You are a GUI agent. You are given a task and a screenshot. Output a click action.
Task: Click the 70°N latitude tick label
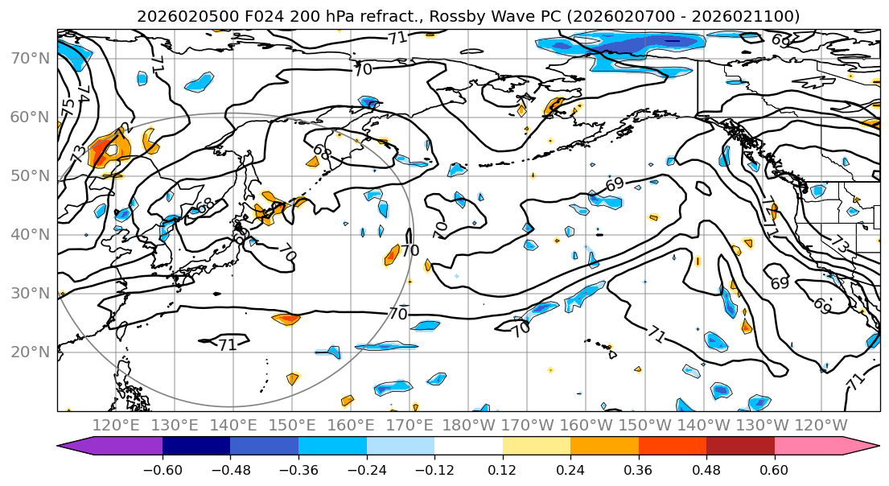pos(30,58)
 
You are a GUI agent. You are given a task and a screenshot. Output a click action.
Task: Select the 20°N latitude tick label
pos(30,352)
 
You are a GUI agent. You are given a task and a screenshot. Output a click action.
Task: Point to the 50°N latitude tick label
pos(30,176)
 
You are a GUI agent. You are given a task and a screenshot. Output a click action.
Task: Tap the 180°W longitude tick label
pos(468,425)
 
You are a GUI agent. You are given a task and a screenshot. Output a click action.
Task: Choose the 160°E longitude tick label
pos(351,425)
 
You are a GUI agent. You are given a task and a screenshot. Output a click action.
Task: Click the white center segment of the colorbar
pos(468,446)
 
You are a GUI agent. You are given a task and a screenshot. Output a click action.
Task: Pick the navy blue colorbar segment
pos(196,446)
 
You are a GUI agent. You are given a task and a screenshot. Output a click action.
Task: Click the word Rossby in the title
pos(414,16)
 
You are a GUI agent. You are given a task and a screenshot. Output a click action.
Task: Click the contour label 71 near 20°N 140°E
pos(228,344)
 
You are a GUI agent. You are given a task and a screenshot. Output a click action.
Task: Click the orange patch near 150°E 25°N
pos(286,319)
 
